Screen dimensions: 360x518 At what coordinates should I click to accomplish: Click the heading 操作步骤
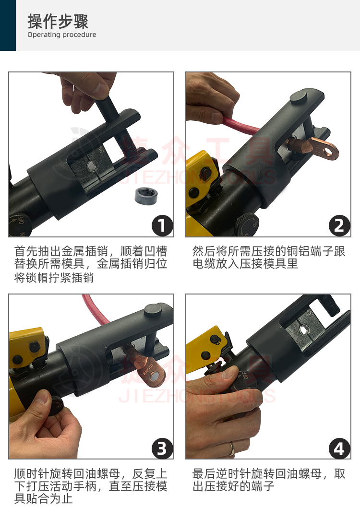[x=58, y=21]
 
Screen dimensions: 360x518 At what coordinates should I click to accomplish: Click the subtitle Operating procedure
[x=62, y=35]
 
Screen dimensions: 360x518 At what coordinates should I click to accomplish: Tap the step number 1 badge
[x=162, y=225]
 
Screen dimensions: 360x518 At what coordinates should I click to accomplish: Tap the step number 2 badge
[x=339, y=225]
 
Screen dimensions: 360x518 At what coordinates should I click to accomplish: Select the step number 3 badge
[x=162, y=448]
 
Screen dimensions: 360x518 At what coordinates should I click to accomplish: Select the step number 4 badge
[x=339, y=448]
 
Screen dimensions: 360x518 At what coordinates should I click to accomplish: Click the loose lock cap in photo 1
[x=146, y=196]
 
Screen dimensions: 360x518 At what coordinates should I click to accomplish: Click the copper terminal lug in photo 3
[x=145, y=364]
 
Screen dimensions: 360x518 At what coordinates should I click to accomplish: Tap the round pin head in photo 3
[x=153, y=310]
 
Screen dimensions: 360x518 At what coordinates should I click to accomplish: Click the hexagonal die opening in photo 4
[x=303, y=329]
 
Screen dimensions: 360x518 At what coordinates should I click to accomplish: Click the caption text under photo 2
[x=268, y=258]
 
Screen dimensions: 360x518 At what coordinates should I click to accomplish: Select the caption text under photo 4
[x=268, y=480]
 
